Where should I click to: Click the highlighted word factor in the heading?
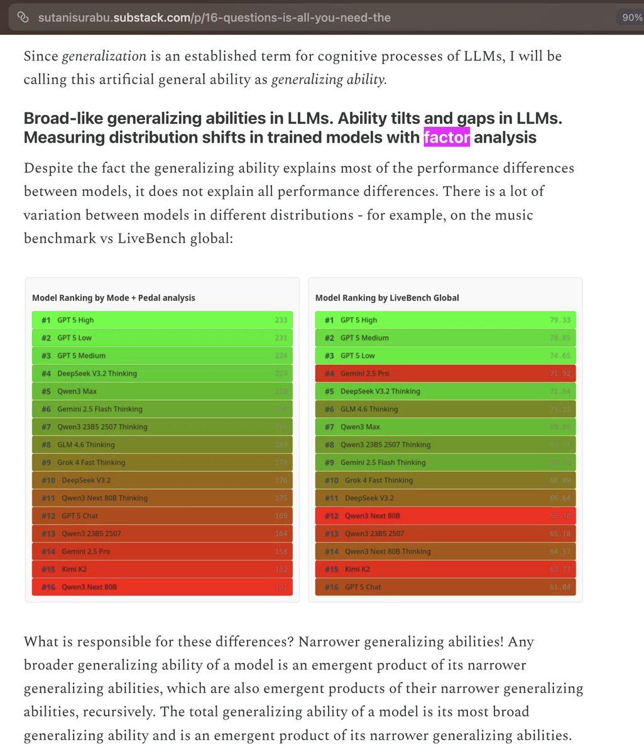coord(447,136)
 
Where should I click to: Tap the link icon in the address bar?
coord(23,18)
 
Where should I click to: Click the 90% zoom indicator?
coord(631,18)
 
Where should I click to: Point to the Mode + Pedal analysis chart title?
coord(114,298)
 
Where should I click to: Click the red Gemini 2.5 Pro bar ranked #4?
coord(445,373)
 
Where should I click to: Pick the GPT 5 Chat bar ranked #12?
coord(162,516)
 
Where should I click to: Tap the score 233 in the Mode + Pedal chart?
coord(281,320)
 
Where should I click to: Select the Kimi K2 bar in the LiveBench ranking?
coord(445,569)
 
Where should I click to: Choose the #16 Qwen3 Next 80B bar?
coord(162,587)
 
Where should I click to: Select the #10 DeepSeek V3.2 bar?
coord(162,480)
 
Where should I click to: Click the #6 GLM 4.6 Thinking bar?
coord(445,409)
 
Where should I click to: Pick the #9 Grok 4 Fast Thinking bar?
coord(162,462)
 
